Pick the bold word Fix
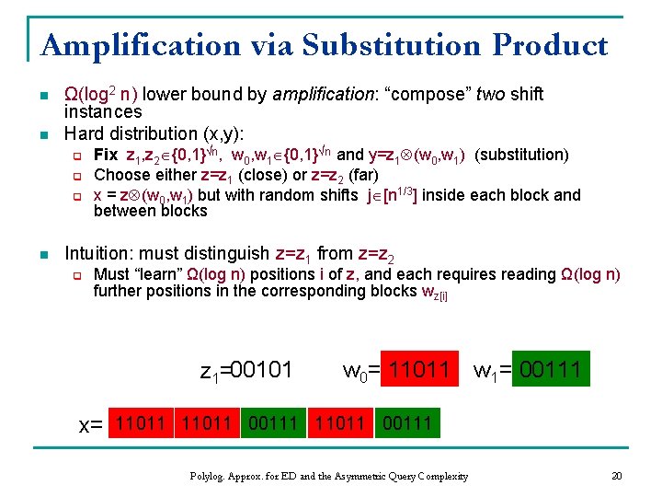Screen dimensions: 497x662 coord(106,155)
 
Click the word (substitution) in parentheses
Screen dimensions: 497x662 coord(521,155)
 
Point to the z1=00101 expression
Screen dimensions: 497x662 coord(245,371)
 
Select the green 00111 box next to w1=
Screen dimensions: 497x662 coord(550,370)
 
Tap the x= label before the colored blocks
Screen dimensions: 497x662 coord(90,424)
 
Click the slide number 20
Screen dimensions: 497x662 coord(616,476)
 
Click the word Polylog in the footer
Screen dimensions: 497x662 coord(211,476)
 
